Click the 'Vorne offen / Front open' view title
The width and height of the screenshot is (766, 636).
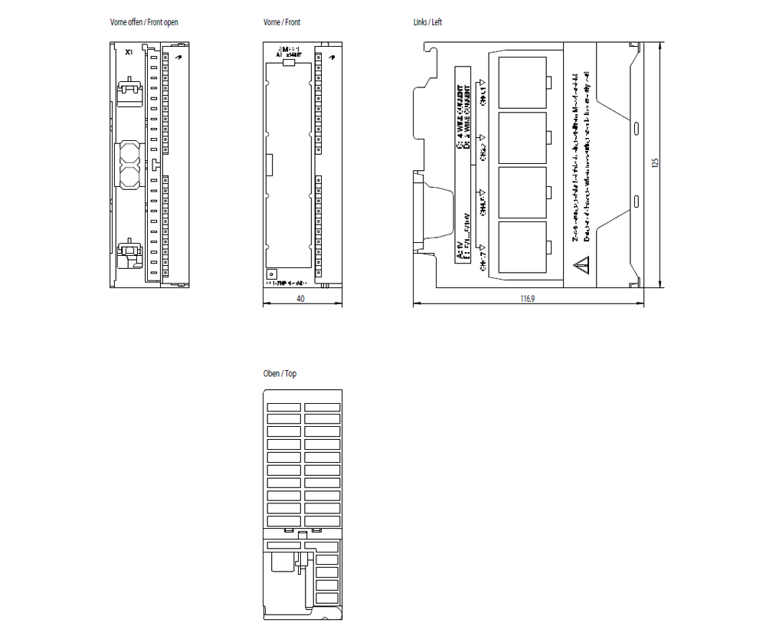[144, 22]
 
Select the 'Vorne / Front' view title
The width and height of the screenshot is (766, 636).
[281, 22]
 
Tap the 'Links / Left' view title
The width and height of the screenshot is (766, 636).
[427, 22]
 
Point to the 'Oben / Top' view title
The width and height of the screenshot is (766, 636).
[280, 374]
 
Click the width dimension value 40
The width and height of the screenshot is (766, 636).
[300, 299]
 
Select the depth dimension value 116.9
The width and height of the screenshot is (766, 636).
[527, 299]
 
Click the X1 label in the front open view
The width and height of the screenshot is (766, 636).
[129, 52]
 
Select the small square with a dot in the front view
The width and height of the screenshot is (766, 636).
[270, 273]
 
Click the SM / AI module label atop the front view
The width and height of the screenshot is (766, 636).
[290, 51]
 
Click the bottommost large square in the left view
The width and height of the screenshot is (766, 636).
[522, 247]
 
